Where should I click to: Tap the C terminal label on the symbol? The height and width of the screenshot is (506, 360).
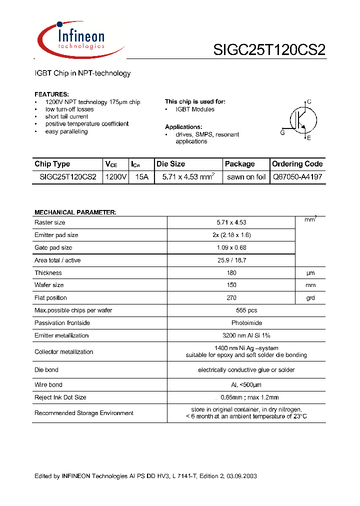[x=309, y=102]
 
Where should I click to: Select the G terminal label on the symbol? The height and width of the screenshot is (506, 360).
[x=282, y=132]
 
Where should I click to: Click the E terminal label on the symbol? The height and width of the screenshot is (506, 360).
[x=309, y=138]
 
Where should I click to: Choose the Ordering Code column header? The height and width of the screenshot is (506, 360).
[x=297, y=164]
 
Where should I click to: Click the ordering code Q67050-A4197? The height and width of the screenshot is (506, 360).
[x=297, y=177]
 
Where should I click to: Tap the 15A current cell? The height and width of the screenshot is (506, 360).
[x=142, y=177]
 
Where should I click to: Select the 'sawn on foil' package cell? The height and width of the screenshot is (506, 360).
[x=246, y=177]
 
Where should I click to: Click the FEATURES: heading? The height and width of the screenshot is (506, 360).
[x=51, y=94]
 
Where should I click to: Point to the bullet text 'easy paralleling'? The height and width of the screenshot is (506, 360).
[x=66, y=131]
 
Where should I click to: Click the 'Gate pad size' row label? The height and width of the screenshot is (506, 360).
[x=53, y=247]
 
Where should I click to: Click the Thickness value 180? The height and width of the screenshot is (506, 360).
[x=231, y=273]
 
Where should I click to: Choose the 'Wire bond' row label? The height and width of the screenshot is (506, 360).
[x=48, y=385]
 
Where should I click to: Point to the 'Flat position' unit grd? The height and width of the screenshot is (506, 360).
[x=310, y=298]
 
